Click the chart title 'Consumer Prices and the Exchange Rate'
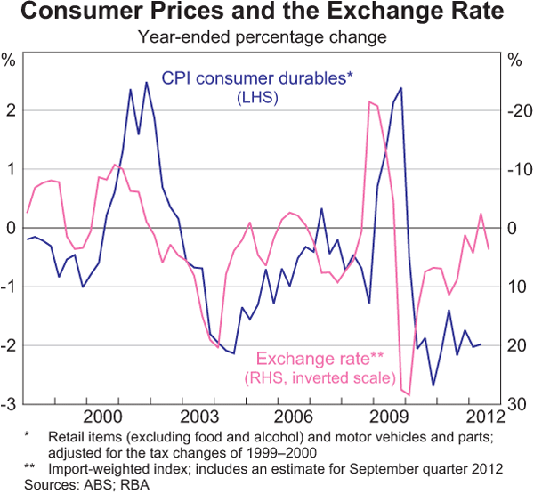pos(266,14)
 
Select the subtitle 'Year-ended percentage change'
pos(266,38)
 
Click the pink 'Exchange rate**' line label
pos(320,359)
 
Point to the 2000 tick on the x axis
pos(102,417)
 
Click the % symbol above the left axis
pos(10,61)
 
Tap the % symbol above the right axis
pos(515,61)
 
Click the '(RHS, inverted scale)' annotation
pos(320,378)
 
